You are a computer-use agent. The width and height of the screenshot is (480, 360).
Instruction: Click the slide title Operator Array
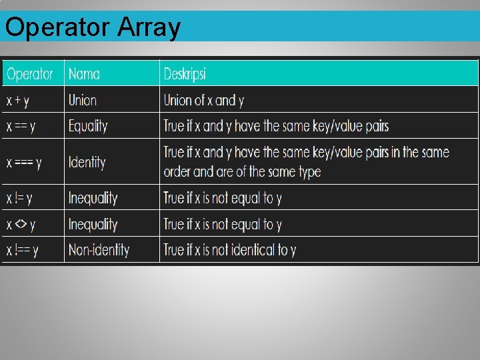[93, 28]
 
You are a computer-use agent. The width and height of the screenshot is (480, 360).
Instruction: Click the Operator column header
[30, 74]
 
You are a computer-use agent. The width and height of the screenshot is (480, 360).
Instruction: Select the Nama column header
[85, 74]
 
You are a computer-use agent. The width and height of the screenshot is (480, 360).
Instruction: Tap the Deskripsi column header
[185, 74]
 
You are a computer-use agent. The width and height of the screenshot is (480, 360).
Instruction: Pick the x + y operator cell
[18, 101]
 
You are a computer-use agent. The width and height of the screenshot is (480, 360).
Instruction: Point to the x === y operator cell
[25, 162]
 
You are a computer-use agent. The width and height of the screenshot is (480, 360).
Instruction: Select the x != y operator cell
[20, 198]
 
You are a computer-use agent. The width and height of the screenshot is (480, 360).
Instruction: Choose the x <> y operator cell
[21, 225]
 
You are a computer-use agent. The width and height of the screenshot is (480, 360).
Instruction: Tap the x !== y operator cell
[23, 251]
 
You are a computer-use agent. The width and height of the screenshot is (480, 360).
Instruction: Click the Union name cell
[83, 101]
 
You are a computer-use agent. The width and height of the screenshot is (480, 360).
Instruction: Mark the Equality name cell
[88, 126]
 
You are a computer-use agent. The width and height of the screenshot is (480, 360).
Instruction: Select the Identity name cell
[87, 162]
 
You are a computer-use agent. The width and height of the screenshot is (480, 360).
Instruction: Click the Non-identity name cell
[99, 251]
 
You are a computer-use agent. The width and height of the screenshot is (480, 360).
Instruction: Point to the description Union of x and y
[204, 101]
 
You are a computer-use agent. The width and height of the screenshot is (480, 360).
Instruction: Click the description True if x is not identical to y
[230, 251]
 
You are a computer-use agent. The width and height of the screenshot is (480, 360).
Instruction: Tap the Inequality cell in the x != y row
[93, 198]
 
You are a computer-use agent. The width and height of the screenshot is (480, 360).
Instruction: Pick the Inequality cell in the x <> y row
[93, 225]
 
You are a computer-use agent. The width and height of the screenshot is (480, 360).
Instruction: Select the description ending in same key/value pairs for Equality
[276, 126]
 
